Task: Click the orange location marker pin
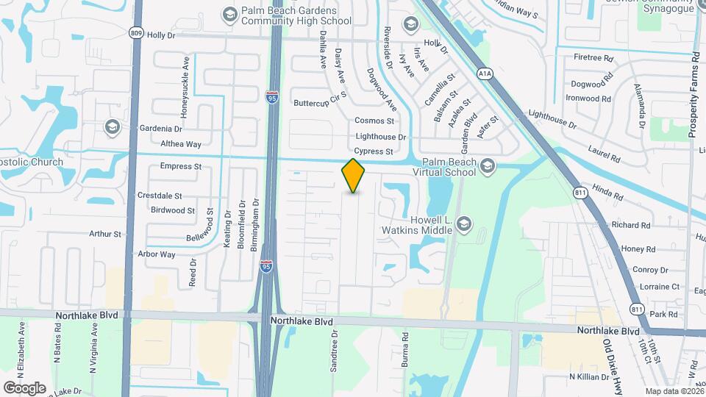[x=354, y=175]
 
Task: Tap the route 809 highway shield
[x=135, y=33]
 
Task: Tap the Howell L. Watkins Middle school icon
[x=463, y=223]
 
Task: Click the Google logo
[x=24, y=387]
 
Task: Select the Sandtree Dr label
[x=335, y=348]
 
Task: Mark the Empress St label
[x=181, y=166]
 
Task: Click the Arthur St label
[x=105, y=234]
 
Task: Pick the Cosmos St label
[x=374, y=121]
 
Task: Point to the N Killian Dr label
[x=589, y=376]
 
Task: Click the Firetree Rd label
[x=593, y=57]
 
